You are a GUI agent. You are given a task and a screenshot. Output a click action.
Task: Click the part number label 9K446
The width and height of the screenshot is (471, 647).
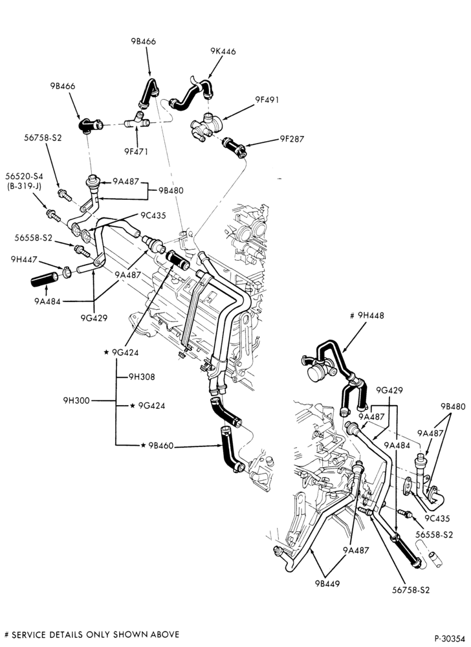(x=223, y=52)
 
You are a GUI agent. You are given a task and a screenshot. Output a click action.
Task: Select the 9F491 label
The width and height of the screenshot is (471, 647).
(x=267, y=100)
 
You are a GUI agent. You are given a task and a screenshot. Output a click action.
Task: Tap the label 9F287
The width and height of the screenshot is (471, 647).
(x=292, y=139)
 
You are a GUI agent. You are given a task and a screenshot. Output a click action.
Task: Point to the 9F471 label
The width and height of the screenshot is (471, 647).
(x=136, y=151)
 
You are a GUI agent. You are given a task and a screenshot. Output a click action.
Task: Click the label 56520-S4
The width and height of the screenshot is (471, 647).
(x=24, y=176)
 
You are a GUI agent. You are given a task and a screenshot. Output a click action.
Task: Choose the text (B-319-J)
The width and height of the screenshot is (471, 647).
(x=24, y=186)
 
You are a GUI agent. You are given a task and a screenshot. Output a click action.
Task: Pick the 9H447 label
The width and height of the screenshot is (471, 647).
(x=24, y=259)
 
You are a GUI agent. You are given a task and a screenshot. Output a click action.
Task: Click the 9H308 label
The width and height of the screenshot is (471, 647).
(x=142, y=377)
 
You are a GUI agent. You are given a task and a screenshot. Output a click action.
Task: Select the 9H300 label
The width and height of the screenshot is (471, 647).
(x=76, y=400)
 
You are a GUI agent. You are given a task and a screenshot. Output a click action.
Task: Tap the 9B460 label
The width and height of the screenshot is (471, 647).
(x=161, y=446)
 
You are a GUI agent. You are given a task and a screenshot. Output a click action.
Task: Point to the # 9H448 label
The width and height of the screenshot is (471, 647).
(x=367, y=316)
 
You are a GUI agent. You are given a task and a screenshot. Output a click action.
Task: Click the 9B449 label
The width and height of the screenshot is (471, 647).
(x=327, y=584)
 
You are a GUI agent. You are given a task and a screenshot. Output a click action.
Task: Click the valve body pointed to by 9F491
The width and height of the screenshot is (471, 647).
(x=206, y=125)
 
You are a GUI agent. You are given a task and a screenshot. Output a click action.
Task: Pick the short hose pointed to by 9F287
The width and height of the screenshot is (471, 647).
(x=234, y=148)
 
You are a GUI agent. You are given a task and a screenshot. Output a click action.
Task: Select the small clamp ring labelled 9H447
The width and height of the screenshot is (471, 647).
(x=67, y=272)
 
